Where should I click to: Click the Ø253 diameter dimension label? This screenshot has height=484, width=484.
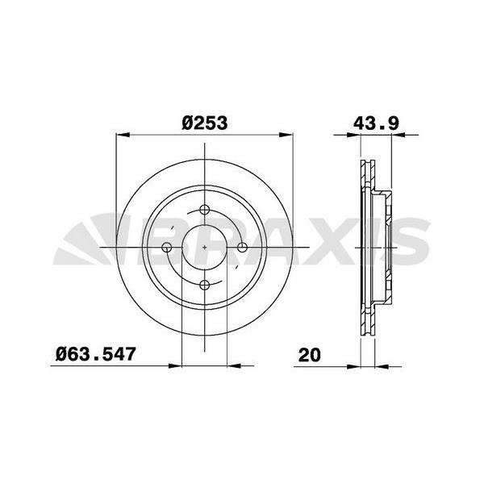205,123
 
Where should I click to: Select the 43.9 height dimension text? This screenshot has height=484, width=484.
376,123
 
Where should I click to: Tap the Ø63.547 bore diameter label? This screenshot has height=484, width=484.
96,354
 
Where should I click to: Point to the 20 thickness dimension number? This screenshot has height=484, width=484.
310,355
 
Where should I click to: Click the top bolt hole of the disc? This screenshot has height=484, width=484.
205,209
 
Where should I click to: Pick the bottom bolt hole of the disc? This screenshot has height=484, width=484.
205,285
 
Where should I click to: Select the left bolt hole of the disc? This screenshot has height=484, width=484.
167,247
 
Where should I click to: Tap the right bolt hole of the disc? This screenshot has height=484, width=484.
243,247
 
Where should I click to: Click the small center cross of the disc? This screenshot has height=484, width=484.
205,247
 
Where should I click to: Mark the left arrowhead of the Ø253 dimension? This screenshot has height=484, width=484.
123,135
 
